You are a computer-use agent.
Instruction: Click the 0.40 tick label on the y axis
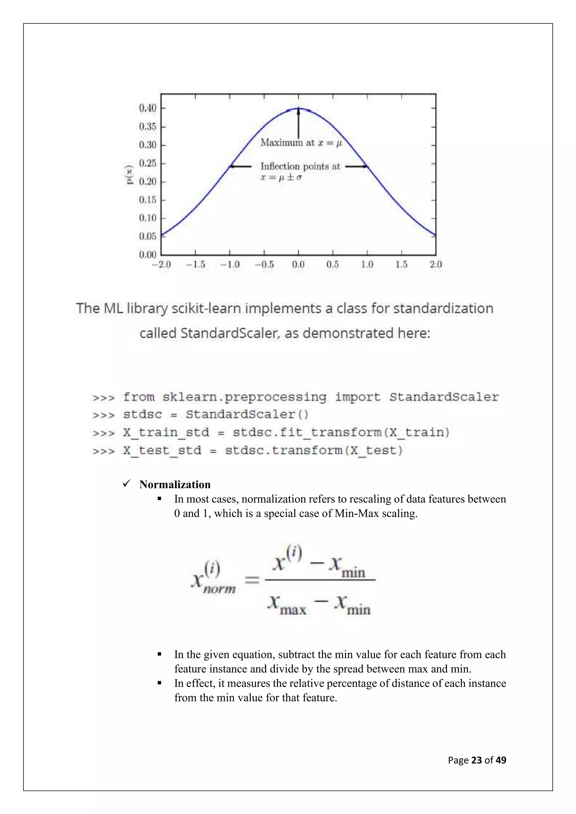(x=148, y=108)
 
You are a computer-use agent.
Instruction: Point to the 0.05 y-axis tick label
(x=148, y=236)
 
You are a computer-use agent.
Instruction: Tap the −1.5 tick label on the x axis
(x=195, y=264)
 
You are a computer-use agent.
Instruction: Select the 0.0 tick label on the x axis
(x=298, y=264)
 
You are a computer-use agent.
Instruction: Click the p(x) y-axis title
(x=130, y=175)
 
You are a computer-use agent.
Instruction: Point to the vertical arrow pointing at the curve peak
(x=298, y=123)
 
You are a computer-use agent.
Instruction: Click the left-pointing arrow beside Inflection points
(x=240, y=166)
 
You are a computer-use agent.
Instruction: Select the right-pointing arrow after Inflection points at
(x=356, y=166)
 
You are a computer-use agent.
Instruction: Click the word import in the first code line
(x=357, y=397)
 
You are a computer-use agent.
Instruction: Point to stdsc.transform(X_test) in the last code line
(x=314, y=451)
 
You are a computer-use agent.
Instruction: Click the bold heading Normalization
(x=175, y=484)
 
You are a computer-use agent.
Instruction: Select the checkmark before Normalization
(x=127, y=483)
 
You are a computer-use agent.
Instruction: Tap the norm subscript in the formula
(x=219, y=589)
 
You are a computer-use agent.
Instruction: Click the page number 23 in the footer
(x=476, y=760)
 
